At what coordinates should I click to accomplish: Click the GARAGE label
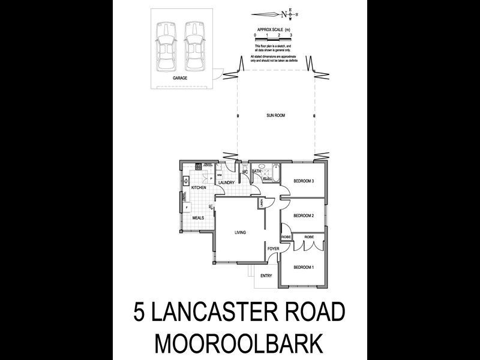click(x=180, y=78)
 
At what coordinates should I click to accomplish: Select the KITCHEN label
click(x=199, y=188)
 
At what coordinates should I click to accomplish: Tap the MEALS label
click(x=199, y=218)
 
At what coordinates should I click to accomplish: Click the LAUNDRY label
click(x=226, y=182)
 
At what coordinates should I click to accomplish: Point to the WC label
click(x=245, y=173)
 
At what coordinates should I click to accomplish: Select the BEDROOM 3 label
click(x=304, y=181)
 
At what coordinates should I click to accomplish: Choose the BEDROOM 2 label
click(x=304, y=215)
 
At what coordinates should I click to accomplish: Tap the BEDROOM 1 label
click(x=304, y=267)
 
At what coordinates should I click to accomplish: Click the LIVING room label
click(x=241, y=232)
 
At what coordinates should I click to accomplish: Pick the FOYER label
click(x=274, y=248)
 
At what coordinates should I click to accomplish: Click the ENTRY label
click(x=266, y=276)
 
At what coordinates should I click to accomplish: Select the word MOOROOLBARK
click(x=240, y=343)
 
